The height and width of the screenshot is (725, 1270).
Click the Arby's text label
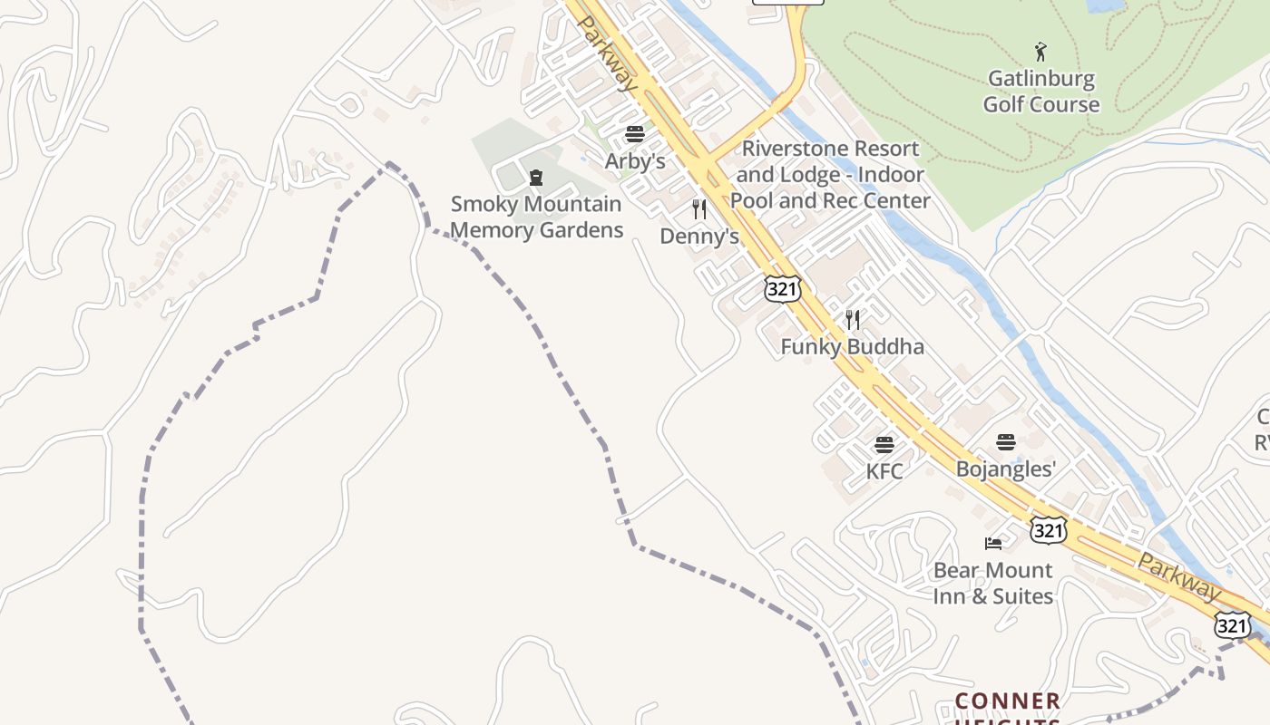click(635, 162)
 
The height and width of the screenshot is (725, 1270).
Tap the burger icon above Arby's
click(635, 135)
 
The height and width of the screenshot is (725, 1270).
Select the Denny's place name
click(698, 237)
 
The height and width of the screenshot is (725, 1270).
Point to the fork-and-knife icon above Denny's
click(698, 209)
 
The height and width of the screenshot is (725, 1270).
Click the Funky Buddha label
click(852, 347)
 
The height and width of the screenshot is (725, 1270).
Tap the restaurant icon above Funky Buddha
click(852, 319)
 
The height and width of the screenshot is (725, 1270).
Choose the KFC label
click(884, 471)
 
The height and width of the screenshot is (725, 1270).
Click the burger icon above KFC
click(884, 445)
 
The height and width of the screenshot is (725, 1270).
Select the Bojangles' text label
click(1006, 469)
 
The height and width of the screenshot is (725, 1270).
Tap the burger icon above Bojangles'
click(1006, 442)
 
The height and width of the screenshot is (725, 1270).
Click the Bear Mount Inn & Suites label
click(993, 583)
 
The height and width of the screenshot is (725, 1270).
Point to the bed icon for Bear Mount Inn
click(993, 544)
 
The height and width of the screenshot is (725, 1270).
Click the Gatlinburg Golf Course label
click(1040, 92)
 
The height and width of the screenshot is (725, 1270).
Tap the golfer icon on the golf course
click(1040, 52)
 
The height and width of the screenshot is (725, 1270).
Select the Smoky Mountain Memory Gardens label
click(537, 217)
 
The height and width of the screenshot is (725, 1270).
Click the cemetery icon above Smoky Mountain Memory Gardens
click(536, 178)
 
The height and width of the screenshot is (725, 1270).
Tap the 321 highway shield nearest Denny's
click(782, 289)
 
